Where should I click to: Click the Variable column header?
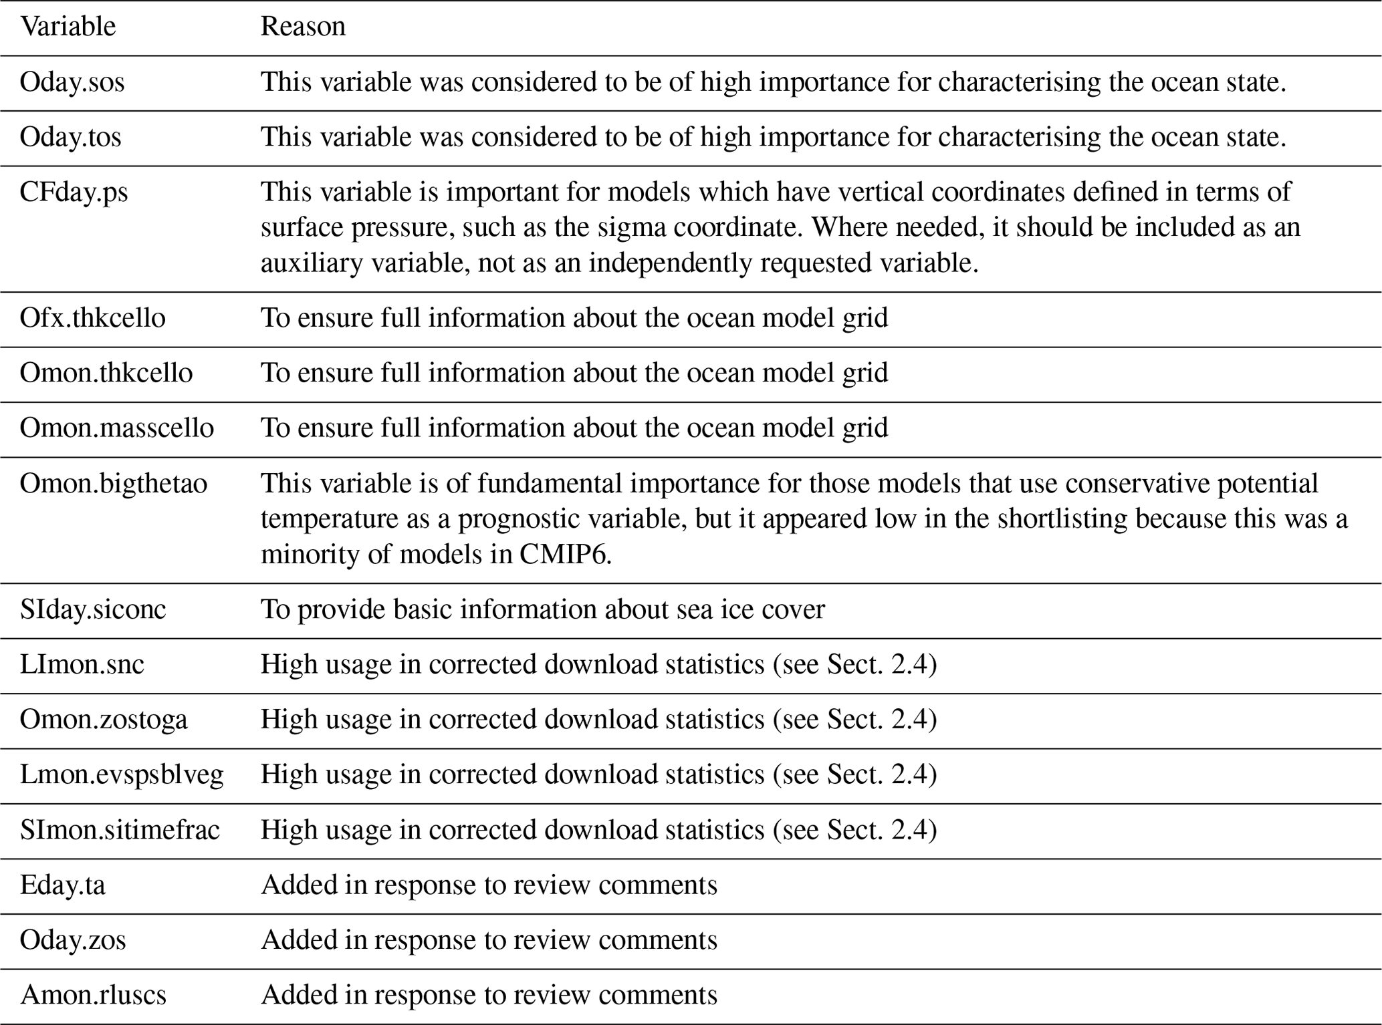click(68, 27)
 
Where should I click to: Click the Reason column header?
click(303, 27)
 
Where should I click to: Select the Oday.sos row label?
click(72, 82)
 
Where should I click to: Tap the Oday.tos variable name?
click(71, 137)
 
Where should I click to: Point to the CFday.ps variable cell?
click(74, 192)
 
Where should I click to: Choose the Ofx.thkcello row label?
click(92, 318)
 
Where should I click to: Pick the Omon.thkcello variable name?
click(106, 373)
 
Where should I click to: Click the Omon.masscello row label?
click(116, 428)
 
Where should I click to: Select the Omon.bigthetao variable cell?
click(114, 484)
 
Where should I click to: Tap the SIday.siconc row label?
click(93, 609)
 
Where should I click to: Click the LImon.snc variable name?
click(82, 664)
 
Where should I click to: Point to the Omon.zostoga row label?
click(104, 720)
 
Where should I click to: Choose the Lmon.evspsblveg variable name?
click(122, 774)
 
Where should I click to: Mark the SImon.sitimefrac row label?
click(120, 830)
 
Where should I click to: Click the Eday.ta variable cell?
click(63, 885)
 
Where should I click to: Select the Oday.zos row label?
click(73, 940)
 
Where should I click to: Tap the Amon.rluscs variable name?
click(93, 995)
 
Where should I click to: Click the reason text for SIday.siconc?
click(542, 609)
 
